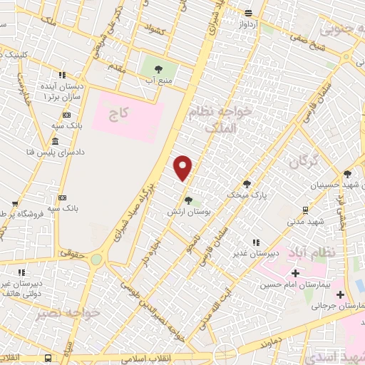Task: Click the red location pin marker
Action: click(183, 168)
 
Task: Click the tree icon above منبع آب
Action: click(158, 69)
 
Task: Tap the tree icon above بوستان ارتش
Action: click(188, 200)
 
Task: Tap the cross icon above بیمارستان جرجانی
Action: click(340, 294)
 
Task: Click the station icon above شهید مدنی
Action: click(306, 210)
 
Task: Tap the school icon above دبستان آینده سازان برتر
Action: click(62, 74)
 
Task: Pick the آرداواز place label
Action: click(249, 23)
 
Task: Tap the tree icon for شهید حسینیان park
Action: click(347, 173)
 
